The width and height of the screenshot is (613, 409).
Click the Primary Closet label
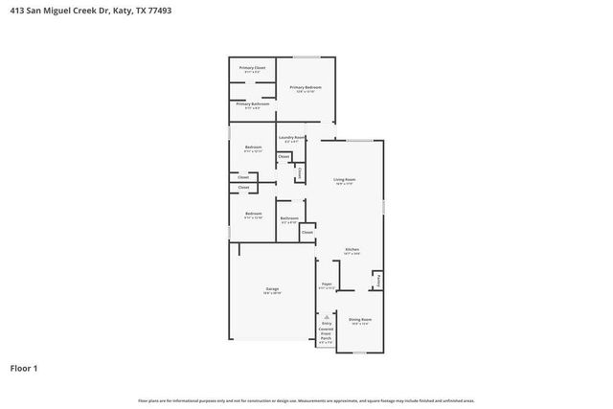[253, 68]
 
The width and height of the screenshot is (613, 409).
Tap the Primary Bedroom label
[306, 87]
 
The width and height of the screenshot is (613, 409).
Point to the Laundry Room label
[292, 138]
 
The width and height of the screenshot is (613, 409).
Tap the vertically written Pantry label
[378, 282]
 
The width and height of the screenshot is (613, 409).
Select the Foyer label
[326, 284]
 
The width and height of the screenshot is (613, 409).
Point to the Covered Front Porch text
[326, 334]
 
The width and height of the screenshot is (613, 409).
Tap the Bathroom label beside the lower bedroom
[289, 218]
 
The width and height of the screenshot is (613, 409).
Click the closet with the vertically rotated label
[300, 173]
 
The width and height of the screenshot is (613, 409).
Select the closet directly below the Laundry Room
[284, 156]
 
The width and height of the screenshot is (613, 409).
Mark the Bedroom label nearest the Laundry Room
[253, 148]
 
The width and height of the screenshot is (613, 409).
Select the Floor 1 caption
[25, 367]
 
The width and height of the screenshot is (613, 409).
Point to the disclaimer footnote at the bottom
[306, 400]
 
